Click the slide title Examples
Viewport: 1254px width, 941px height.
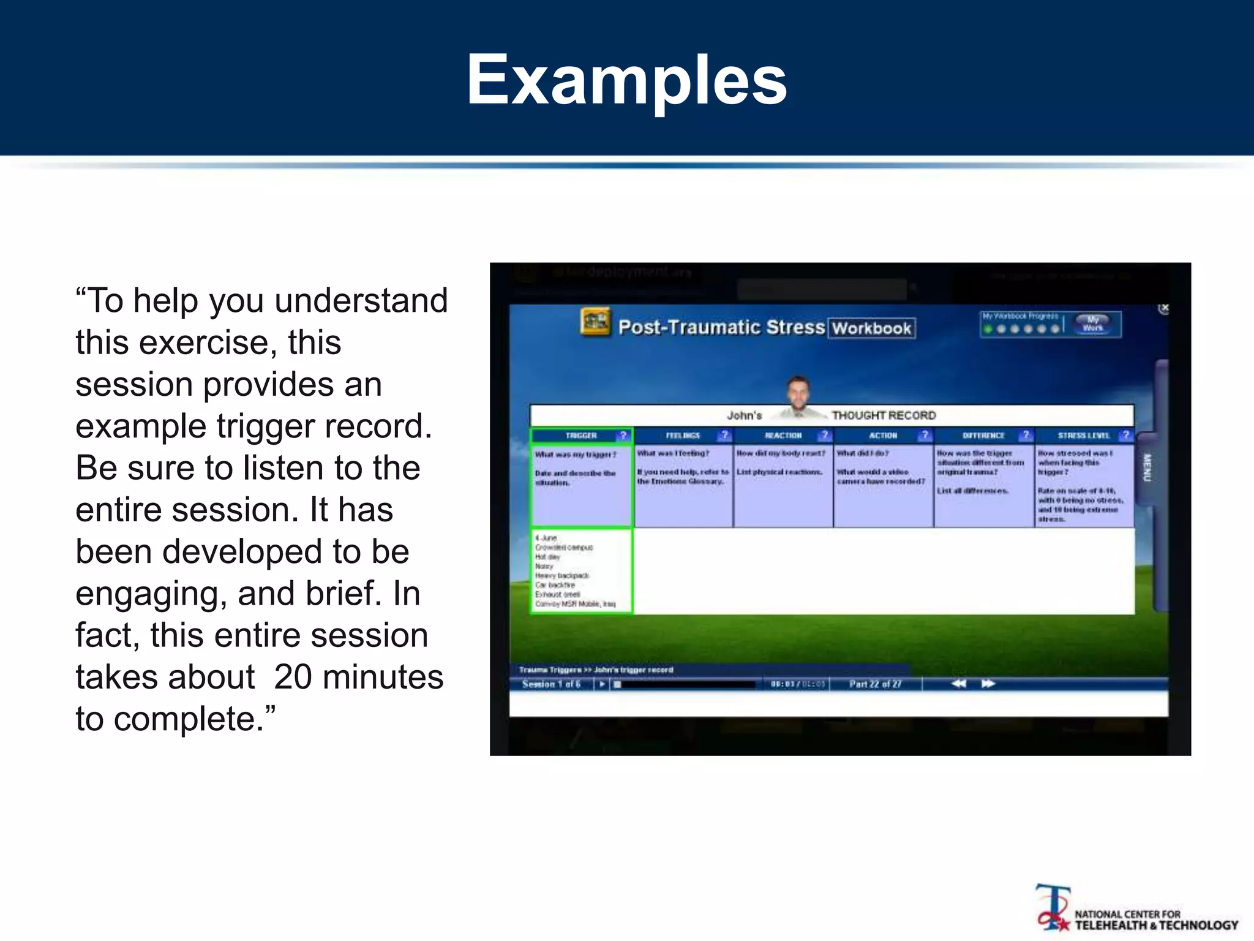click(x=626, y=80)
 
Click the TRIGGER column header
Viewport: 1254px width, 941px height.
click(x=580, y=436)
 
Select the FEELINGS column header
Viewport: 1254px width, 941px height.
click(x=682, y=436)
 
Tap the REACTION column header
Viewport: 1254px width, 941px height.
click(x=783, y=436)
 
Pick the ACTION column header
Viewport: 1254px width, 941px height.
click(x=882, y=436)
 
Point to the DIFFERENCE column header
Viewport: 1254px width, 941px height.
click(x=983, y=436)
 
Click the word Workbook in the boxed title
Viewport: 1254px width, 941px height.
click(x=871, y=328)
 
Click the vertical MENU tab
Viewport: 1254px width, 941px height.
click(x=1147, y=467)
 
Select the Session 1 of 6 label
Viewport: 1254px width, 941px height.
click(x=551, y=684)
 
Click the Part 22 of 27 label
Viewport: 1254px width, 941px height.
click(x=875, y=684)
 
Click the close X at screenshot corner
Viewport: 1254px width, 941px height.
click(x=1164, y=308)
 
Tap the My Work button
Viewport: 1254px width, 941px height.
click(x=1093, y=323)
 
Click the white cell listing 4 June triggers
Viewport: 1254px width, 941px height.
click(x=580, y=571)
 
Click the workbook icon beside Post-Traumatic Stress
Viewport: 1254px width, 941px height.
click(x=595, y=322)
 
